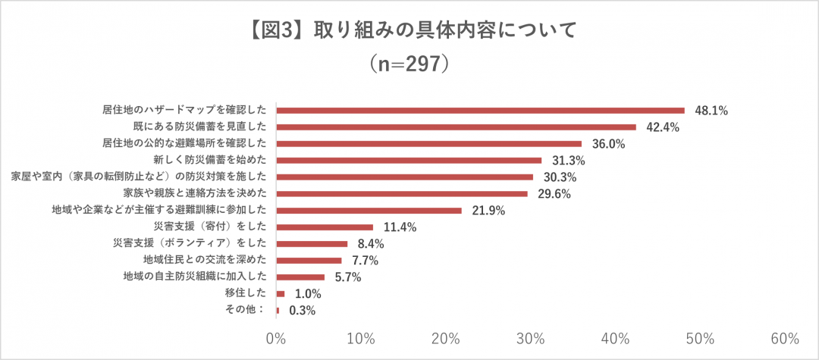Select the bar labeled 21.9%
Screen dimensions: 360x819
(369, 210)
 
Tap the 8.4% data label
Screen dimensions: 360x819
(369, 244)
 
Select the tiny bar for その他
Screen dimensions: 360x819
(278, 310)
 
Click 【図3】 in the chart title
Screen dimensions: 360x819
(274, 31)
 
